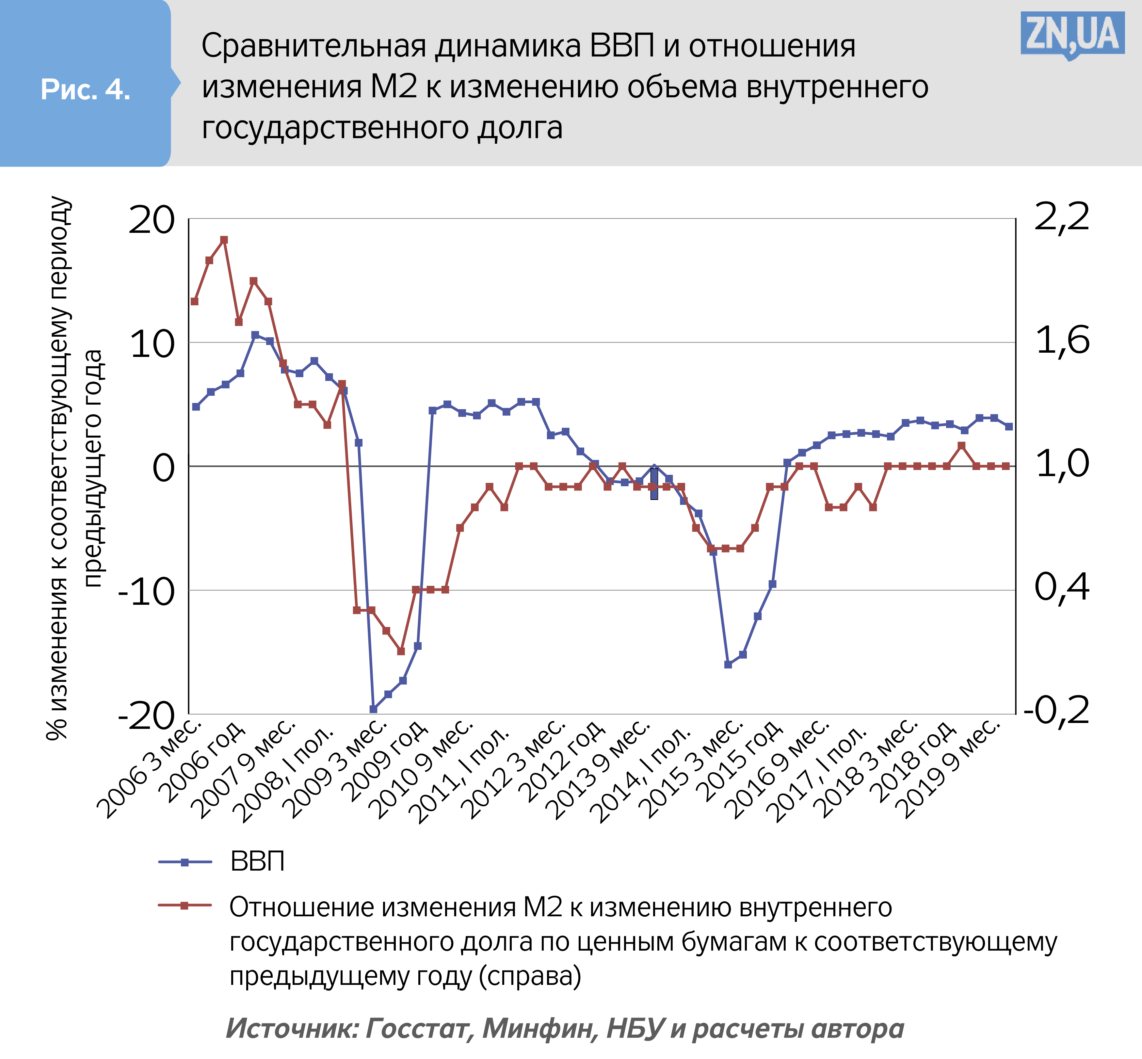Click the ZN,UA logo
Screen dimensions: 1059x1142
[x=1071, y=36]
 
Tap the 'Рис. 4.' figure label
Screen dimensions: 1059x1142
[x=85, y=90]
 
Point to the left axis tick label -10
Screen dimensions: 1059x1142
[x=146, y=591]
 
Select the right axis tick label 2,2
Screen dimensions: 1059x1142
[x=1061, y=218]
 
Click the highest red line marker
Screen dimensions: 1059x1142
[x=224, y=240]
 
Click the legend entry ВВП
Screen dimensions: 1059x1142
[x=257, y=862]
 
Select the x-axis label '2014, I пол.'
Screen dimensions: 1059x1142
[x=642, y=774]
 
